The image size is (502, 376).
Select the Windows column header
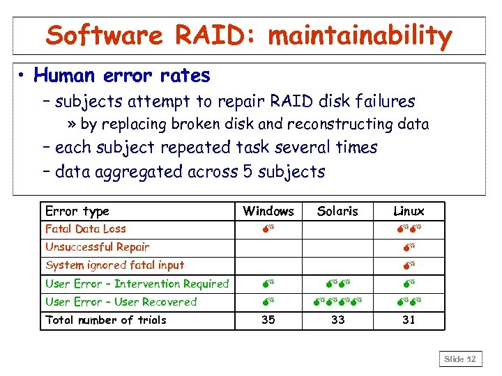pos(268,211)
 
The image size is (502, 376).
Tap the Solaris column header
pos(337,211)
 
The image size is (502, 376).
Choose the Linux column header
pos(409,211)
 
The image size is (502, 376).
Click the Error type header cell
pos(77,211)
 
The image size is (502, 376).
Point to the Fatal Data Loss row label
pos(86,228)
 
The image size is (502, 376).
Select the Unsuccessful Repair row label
pos(97,246)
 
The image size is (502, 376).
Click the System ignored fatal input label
pos(115,265)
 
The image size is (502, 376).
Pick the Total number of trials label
pos(106,320)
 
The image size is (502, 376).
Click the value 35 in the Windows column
pos(268,320)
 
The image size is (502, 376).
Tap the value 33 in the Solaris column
pos(337,320)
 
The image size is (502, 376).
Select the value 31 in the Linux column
pos(409,320)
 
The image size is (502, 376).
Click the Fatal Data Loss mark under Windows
pos(268,229)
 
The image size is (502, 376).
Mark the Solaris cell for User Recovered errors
pos(337,302)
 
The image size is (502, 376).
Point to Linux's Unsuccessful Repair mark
pos(409,247)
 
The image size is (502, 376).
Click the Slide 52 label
pos(460,359)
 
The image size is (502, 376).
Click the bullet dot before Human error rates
pos(24,75)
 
